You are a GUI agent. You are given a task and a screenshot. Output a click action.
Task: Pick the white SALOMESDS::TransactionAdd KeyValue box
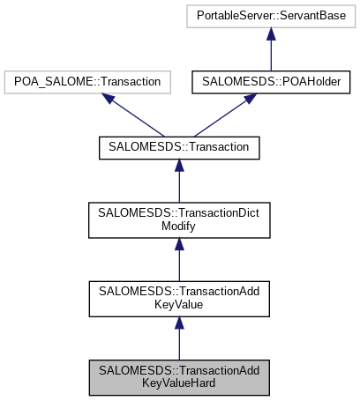pos(179,299)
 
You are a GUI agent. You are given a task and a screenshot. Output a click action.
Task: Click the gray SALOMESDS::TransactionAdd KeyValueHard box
pos(179,377)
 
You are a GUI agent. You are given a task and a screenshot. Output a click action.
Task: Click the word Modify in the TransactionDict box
pos(179,227)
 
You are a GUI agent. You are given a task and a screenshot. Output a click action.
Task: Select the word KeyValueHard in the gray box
pos(179,384)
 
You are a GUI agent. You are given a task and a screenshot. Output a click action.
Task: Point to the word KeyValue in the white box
pos(179,306)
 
